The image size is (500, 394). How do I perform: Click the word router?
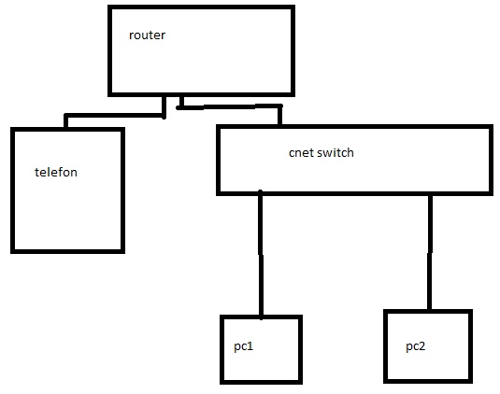pos(147,35)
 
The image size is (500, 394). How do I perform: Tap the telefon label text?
pos(56,172)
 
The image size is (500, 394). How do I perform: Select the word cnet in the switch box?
pos(301,153)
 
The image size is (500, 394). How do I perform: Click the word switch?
pos(336,152)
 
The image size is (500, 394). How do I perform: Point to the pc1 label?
pos(244,346)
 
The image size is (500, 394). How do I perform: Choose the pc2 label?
pos(416,346)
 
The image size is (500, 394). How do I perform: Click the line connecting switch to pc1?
pos(261,255)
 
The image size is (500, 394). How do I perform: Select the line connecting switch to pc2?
pos(430,252)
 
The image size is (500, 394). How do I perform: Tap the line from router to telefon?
pos(115,115)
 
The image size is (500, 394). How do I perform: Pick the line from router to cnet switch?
pos(230,106)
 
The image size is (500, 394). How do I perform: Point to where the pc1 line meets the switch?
pos(261,193)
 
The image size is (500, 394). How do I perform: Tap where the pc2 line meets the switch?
pos(430,195)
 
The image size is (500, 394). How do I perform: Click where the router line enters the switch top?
pos(279,125)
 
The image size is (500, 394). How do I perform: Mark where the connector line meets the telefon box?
pos(66,127)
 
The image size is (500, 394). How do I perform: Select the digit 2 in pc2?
pos(421,345)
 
